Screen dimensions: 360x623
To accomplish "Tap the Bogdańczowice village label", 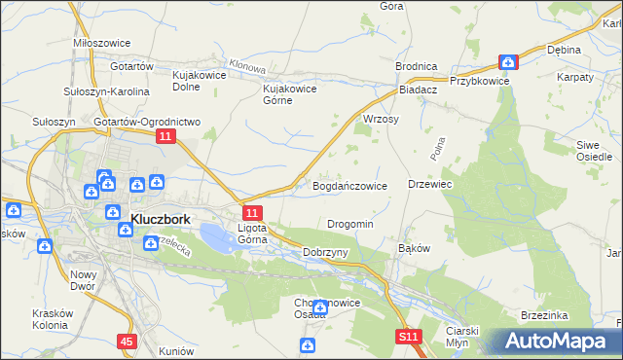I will (x=349, y=185).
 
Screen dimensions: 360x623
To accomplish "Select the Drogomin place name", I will (x=350, y=224).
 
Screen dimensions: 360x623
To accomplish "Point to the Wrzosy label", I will (x=382, y=119).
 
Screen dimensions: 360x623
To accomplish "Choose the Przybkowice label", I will (x=480, y=82).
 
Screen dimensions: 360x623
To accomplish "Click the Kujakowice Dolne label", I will (x=199, y=80).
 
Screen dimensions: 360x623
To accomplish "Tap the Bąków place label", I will (x=415, y=248).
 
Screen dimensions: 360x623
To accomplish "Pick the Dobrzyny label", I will (x=325, y=252).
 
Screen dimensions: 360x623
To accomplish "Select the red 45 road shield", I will (x=128, y=342).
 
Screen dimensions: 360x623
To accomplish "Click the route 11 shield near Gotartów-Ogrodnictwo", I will (x=165, y=139).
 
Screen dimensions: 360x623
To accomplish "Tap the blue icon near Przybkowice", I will (x=508, y=62).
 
